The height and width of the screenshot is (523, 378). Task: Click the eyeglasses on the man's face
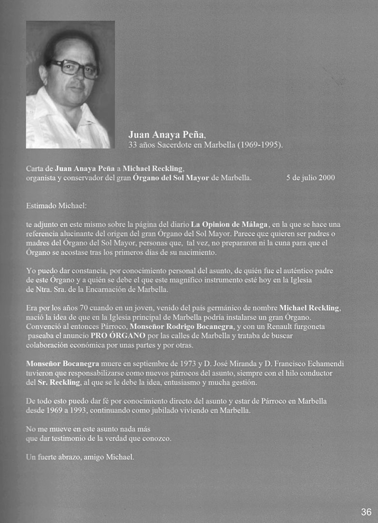73,68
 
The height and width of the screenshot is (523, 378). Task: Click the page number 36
366,512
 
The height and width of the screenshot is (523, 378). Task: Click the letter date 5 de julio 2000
310,178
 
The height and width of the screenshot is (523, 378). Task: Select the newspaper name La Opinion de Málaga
229,225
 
